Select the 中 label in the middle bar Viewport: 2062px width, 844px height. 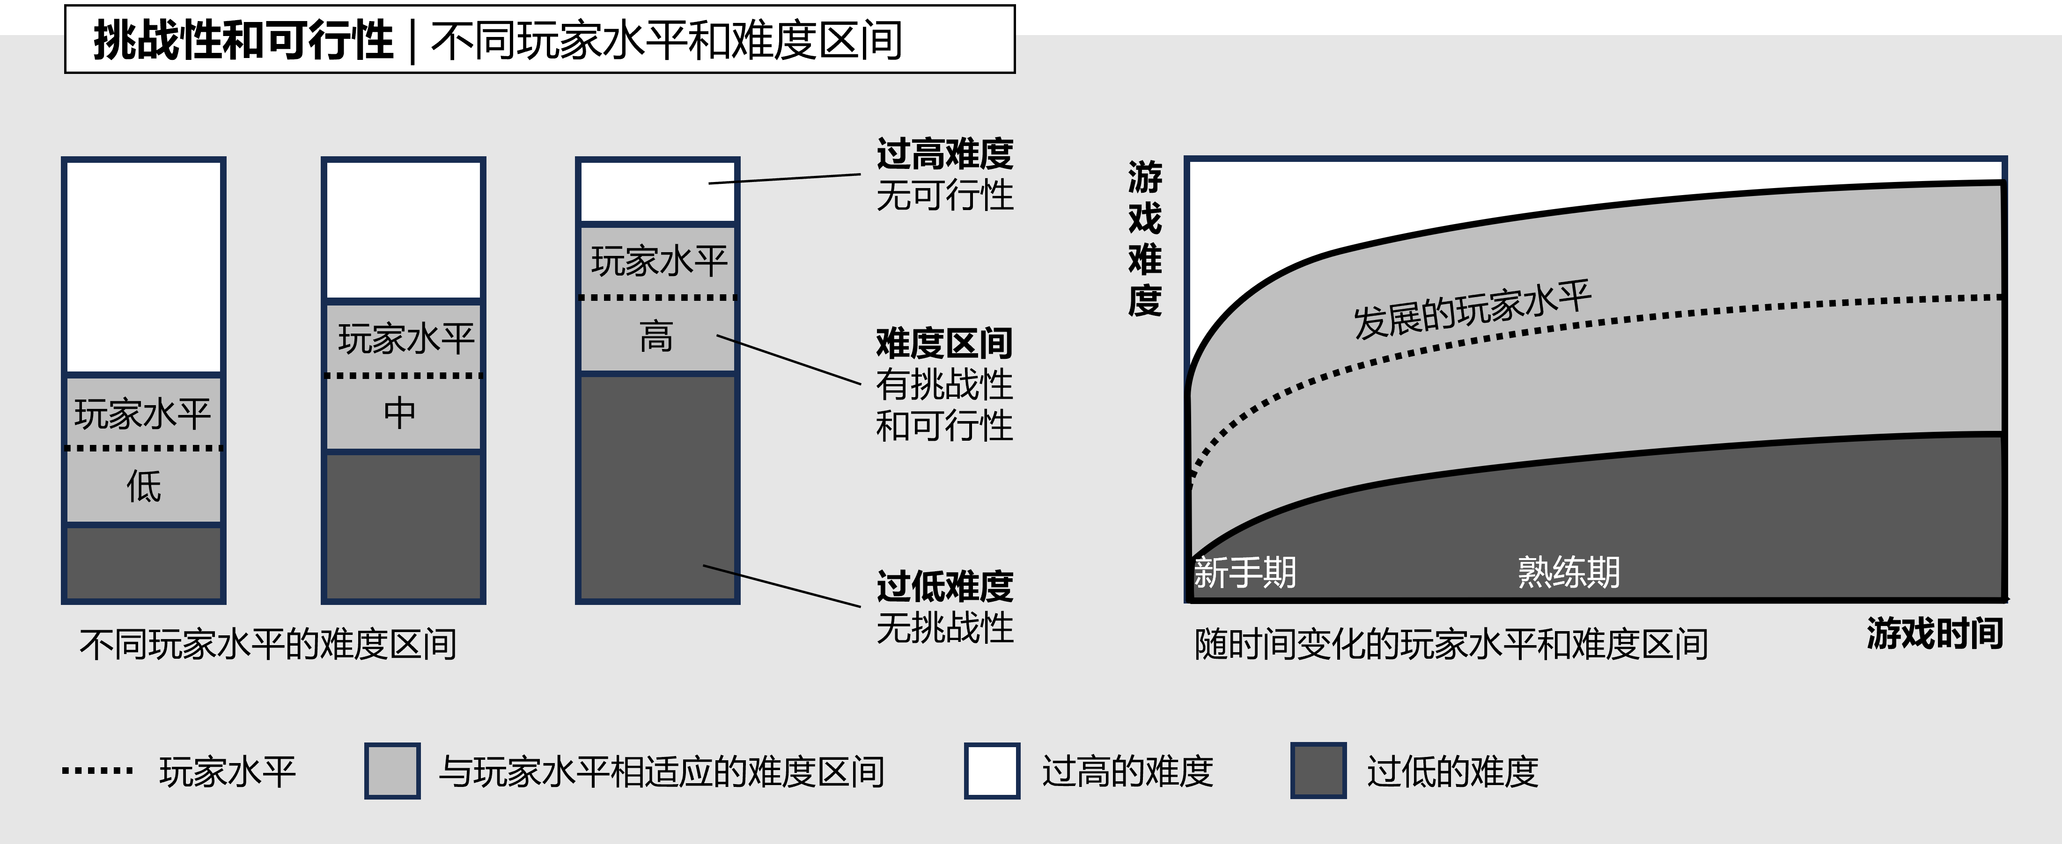click(400, 413)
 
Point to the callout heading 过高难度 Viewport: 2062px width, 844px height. click(944, 153)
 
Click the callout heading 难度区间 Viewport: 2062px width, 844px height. click(944, 343)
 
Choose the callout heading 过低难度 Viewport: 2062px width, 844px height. click(944, 586)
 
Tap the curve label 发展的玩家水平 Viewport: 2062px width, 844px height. click(1471, 309)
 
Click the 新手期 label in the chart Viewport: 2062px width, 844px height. click(1245, 573)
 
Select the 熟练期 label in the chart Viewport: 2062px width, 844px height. click(1569, 573)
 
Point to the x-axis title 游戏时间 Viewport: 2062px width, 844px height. click(1935, 633)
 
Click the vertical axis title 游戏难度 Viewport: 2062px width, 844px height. click(1145, 239)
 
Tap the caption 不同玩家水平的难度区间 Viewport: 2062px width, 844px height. click(268, 644)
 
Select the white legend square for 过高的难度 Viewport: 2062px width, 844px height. click(992, 771)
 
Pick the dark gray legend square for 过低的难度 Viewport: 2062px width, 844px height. click(1318, 771)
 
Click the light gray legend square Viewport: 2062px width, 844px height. click(392, 771)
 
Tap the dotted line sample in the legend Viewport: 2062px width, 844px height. click(98, 771)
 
